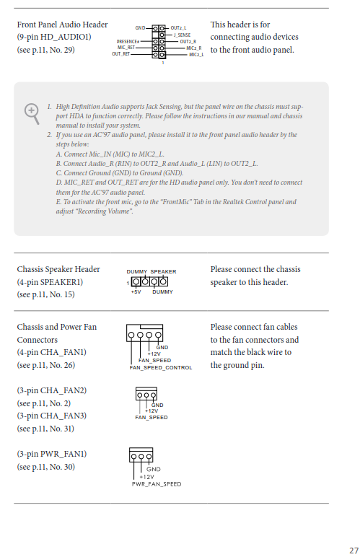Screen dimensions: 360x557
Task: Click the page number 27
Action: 354,551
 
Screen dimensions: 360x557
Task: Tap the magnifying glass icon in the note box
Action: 32,113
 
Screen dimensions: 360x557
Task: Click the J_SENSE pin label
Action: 182,35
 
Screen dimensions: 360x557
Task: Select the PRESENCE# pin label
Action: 128,42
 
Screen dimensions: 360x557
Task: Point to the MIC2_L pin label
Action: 196,55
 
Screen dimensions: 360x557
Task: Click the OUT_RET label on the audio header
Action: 120,54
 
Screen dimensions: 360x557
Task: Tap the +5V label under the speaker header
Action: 136,292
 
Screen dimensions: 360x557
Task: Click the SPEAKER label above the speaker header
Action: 163,272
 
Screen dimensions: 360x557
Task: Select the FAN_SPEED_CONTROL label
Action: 161,368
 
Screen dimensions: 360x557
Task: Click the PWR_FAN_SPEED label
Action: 157,484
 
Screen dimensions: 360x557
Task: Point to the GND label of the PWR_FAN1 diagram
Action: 154,469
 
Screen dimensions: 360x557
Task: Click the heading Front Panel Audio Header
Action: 63,25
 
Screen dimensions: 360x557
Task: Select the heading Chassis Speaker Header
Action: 58,269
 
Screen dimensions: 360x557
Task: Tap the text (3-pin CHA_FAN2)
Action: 52,390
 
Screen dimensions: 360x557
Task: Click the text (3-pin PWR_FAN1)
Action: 52,454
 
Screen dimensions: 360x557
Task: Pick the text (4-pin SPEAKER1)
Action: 50,282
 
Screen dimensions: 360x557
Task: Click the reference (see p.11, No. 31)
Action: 45,429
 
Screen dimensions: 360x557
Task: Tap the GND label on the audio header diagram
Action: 140,27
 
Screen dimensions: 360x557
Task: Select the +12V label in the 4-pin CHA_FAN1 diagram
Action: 154,354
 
